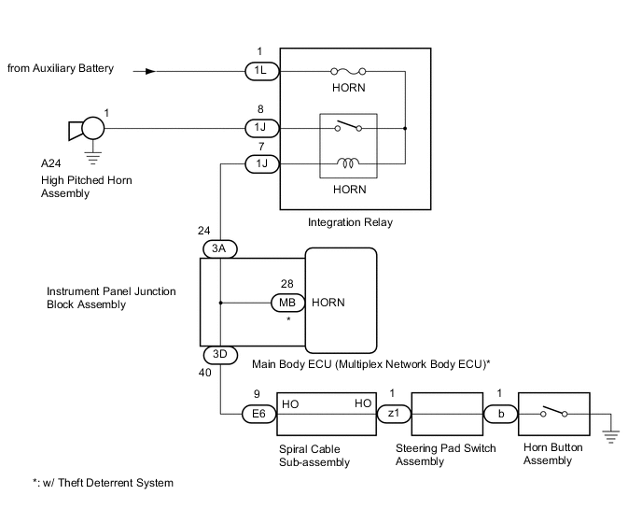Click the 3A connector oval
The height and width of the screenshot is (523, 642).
click(221, 248)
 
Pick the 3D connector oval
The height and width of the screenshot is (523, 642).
click(221, 356)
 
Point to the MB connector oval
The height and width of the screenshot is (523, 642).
click(286, 303)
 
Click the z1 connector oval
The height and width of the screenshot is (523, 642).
click(392, 413)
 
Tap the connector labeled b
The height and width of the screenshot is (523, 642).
click(500, 413)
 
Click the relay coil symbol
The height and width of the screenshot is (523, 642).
click(350, 164)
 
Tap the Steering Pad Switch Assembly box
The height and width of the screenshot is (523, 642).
click(446, 413)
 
